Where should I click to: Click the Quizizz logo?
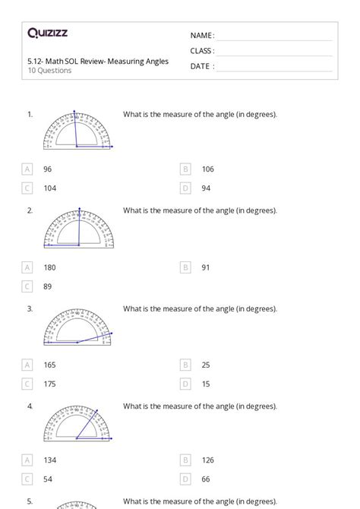point(48,33)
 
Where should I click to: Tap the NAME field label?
point(202,36)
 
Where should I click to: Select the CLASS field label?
point(202,51)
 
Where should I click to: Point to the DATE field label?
point(202,66)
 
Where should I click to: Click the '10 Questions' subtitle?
point(49,71)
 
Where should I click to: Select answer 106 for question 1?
point(207,169)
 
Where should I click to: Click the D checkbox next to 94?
point(185,188)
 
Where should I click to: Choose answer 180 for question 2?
point(49,267)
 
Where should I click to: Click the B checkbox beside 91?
point(185,267)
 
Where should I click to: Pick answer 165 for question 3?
point(49,365)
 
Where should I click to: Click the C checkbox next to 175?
point(27,384)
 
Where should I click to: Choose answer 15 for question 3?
point(205,384)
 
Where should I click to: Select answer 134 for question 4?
point(49,460)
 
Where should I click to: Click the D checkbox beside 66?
point(185,479)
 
